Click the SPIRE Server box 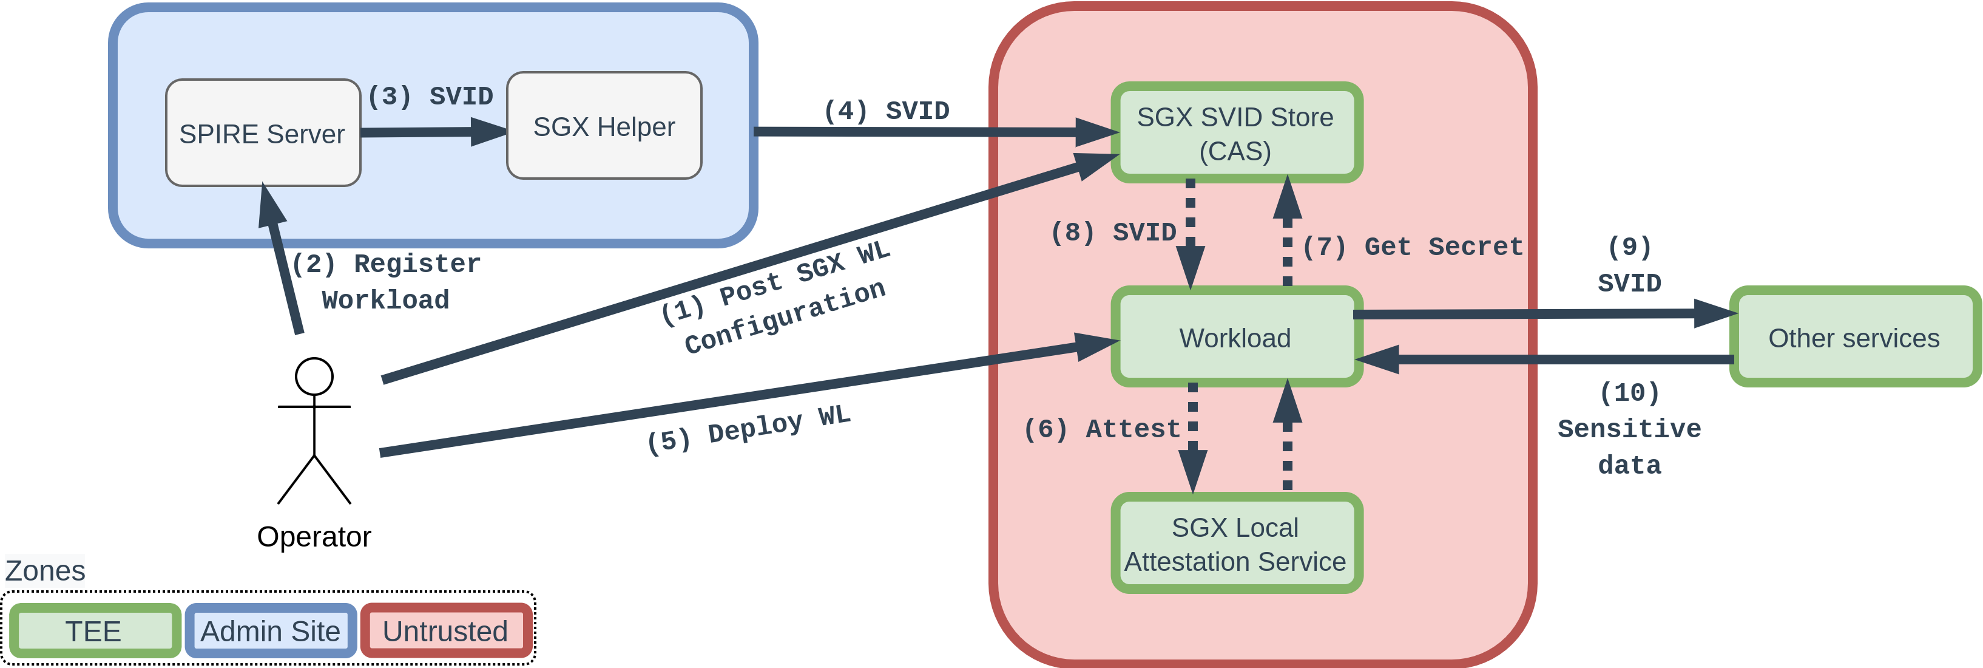pos(263,133)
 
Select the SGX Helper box pos(604,126)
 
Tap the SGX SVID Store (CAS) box pos(1235,133)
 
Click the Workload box pos(1235,338)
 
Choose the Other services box pos(1854,338)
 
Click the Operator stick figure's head pos(314,377)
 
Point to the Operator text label pos(314,536)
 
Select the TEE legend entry pos(94,631)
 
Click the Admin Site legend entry pos(270,631)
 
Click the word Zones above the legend pos(46,571)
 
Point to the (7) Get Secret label pos(1413,247)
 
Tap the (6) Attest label pos(1101,428)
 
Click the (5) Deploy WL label pos(748,430)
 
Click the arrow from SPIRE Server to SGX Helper pos(431,132)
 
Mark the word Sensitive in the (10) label pos(1629,428)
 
